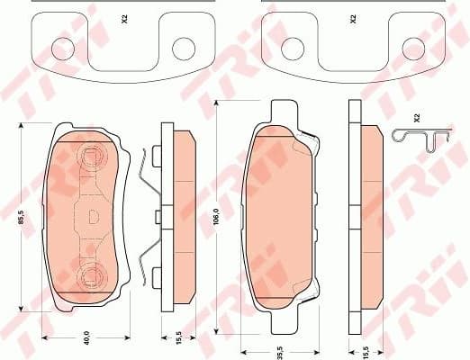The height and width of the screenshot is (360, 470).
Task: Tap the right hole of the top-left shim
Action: [184, 46]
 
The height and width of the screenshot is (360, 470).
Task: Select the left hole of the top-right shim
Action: [293, 46]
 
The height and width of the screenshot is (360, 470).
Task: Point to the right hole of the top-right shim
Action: [414, 46]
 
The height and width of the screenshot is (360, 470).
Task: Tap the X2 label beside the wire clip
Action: [417, 117]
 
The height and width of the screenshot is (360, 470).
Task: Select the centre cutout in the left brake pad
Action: [95, 217]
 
